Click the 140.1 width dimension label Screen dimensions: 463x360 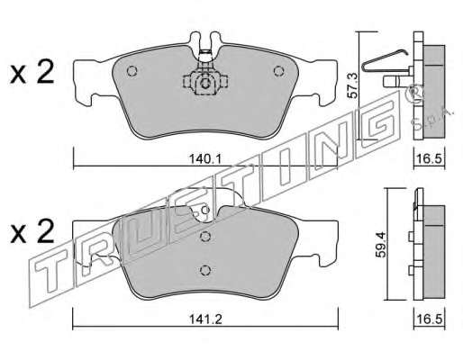[205, 158]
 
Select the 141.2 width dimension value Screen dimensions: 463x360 [205, 319]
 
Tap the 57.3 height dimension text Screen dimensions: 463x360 [353, 85]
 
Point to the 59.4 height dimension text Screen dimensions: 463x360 [381, 244]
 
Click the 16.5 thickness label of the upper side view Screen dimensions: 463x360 [430, 158]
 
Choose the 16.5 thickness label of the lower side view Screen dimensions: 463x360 [430, 319]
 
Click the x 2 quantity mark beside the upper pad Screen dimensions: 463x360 [32, 72]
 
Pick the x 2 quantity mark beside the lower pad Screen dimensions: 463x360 [32, 231]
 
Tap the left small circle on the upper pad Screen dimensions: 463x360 [132, 71]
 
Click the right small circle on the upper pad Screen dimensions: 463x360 [278, 71]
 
